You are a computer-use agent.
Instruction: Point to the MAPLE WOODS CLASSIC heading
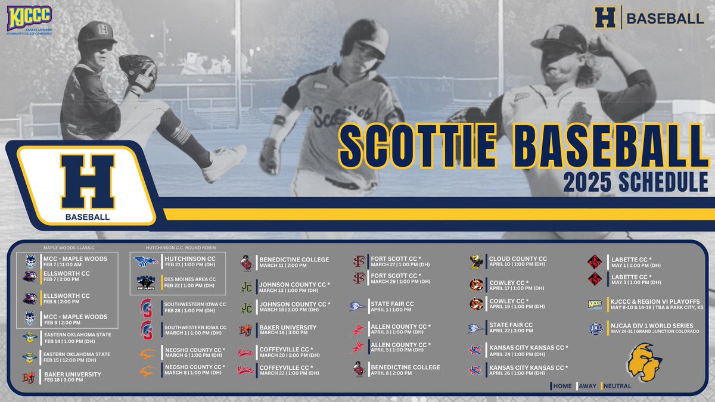point(69,247)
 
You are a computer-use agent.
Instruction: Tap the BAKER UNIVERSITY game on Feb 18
point(71,376)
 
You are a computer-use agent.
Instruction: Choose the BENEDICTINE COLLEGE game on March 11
point(293,262)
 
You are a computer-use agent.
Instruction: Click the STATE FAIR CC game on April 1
point(392,306)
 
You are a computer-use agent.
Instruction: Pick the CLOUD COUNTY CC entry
point(517,262)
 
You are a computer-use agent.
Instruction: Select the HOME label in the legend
point(562,386)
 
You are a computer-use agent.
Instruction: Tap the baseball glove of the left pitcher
point(136,68)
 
